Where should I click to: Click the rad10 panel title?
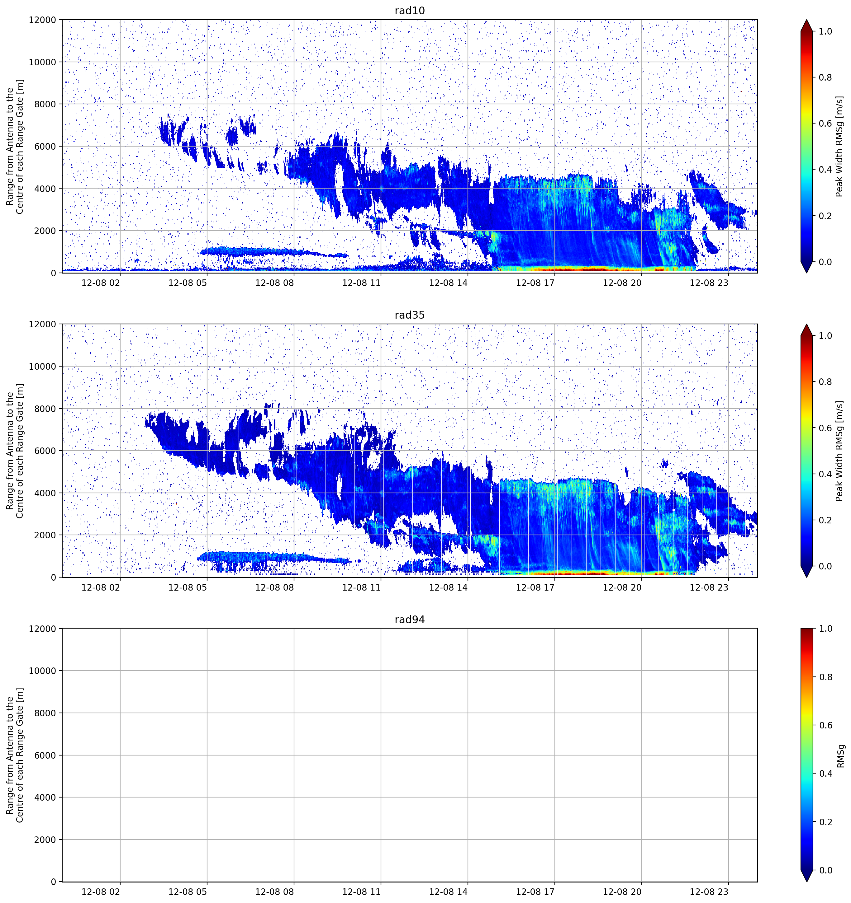pos(410,11)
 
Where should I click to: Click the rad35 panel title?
pos(410,315)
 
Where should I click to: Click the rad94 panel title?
pos(410,620)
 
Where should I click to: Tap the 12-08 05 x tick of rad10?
pos(188,283)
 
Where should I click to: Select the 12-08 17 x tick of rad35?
pos(535,587)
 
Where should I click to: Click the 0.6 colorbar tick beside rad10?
pos(825,124)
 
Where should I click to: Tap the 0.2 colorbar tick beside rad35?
pos(825,520)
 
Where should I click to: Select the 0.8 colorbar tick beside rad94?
pos(825,677)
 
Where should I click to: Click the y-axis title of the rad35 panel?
pos(15,451)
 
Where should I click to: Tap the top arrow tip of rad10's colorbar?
pos(806,20)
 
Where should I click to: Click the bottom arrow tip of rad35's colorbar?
pos(806,577)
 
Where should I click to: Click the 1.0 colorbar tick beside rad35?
pos(825,336)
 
